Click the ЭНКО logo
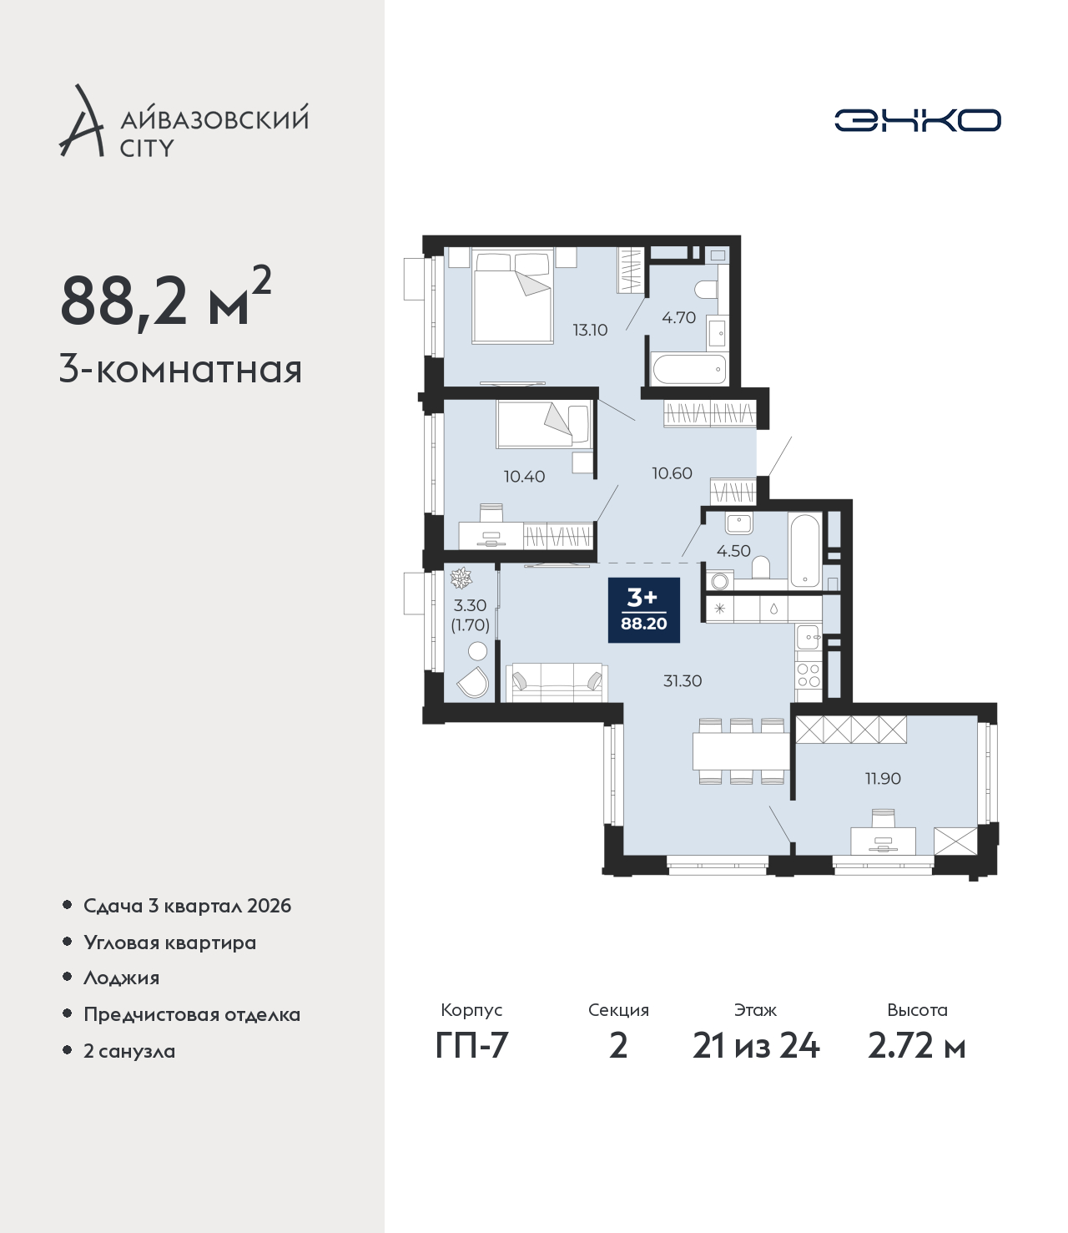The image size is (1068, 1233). [917, 120]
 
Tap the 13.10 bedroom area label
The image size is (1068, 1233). [590, 330]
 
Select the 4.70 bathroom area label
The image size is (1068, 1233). [678, 317]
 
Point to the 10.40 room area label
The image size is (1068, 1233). [524, 476]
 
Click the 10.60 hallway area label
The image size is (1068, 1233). [672, 473]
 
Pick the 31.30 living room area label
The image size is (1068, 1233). [683, 680]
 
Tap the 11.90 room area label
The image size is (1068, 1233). [883, 779]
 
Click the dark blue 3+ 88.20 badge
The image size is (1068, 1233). [644, 609]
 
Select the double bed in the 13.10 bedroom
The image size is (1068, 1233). [513, 296]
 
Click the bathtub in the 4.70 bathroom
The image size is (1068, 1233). [689, 370]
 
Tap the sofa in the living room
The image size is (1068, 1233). [557, 682]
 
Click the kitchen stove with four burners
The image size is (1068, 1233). [809, 675]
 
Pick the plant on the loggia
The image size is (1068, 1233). [461, 578]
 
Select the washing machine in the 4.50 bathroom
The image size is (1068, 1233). [720, 581]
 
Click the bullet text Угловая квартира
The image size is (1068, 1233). [170, 943]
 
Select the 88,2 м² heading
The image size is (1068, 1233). [166, 298]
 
